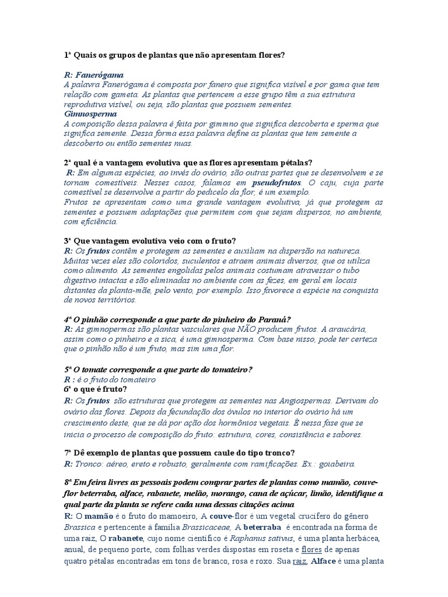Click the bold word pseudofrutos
pos(276,182)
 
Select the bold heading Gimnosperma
pos(90,114)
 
